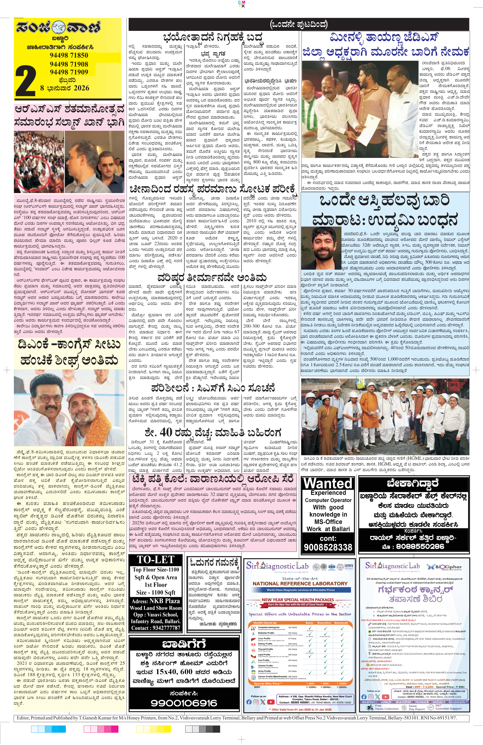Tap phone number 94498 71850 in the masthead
coord(69,55)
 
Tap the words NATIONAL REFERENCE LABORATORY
coord(300,583)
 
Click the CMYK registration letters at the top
coord(241,4)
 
